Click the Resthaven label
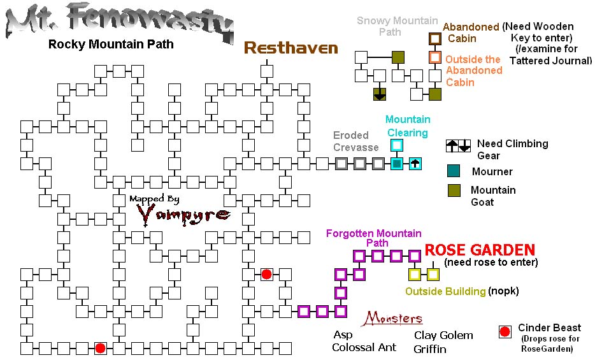290,48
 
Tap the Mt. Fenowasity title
120,23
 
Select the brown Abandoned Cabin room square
435,39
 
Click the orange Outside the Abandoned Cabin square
435,57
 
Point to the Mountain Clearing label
408,126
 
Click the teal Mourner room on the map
396,164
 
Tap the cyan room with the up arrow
415,164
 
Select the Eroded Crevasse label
355,141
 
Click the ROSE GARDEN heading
480,250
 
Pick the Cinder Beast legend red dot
505,332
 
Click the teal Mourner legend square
454,171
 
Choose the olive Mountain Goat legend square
454,191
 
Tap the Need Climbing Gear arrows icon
459,146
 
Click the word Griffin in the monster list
430,349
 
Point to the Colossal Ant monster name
364,347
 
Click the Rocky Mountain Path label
111,45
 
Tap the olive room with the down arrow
380,94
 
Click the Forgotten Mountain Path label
374,238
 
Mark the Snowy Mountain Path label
398,26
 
